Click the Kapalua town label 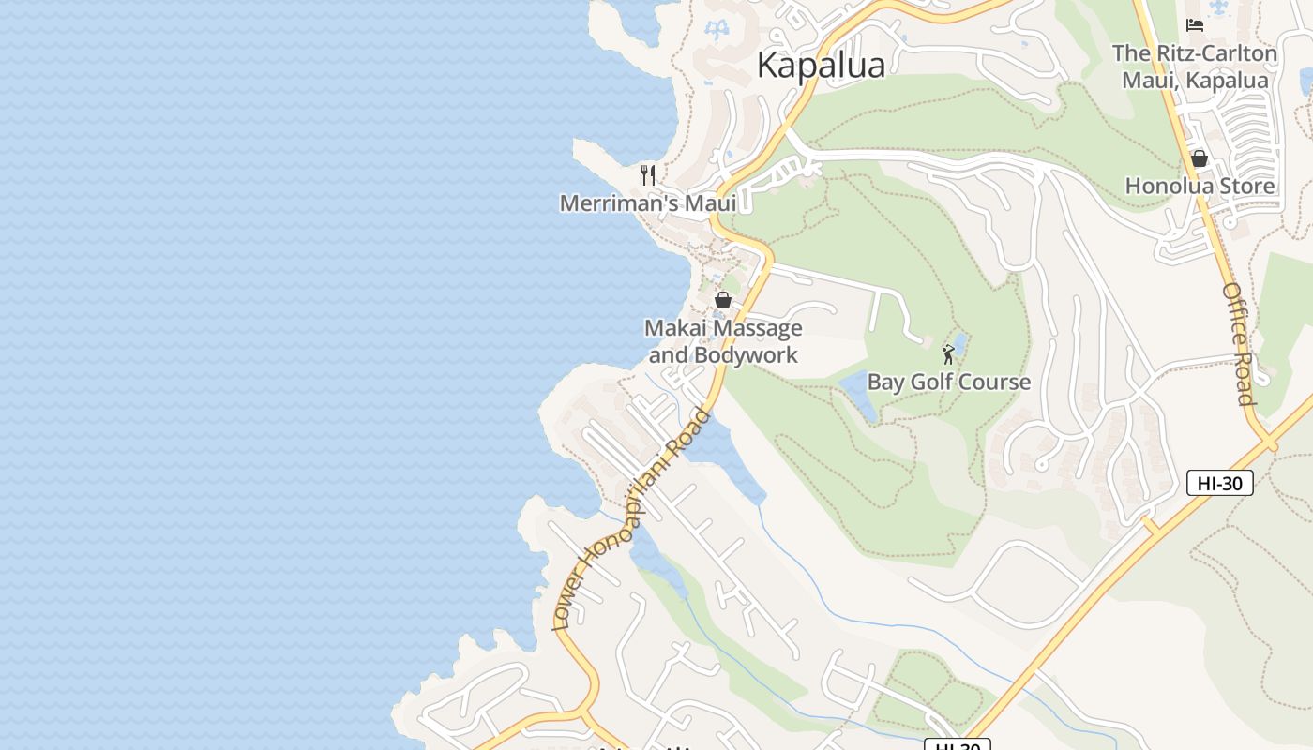click(x=821, y=65)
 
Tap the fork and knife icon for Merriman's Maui click(x=647, y=174)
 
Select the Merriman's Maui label click(x=647, y=203)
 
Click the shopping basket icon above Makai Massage click(x=723, y=300)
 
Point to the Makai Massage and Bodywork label click(x=723, y=341)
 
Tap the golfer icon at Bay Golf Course click(x=948, y=354)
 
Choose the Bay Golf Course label click(x=948, y=382)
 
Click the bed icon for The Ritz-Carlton click(x=1194, y=25)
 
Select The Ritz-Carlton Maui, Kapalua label click(x=1195, y=67)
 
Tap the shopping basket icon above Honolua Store click(x=1199, y=158)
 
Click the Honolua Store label click(x=1200, y=186)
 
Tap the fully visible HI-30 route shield click(x=1219, y=483)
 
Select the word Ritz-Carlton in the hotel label click(x=1215, y=53)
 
